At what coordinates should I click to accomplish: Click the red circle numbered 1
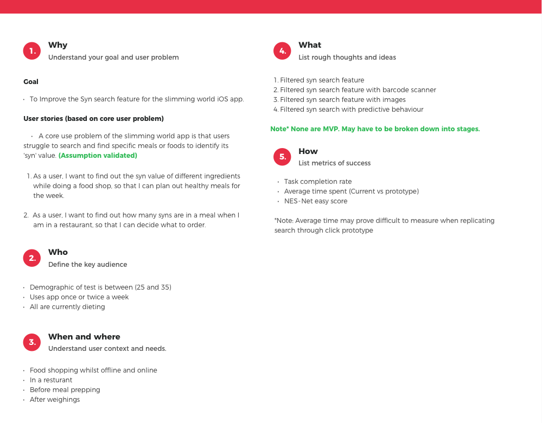point(32,51)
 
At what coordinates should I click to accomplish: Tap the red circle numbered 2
point(32,258)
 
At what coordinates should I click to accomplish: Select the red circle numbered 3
point(32,342)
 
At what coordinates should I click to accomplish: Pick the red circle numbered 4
point(282,51)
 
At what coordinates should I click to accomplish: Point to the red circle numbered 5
point(282,157)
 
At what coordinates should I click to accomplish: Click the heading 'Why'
point(58,45)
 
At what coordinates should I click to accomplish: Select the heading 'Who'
point(58,252)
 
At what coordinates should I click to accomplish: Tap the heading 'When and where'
point(84,337)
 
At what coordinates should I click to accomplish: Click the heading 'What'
point(310,45)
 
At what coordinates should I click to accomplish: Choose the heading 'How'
point(308,151)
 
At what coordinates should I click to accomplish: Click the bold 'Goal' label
point(31,82)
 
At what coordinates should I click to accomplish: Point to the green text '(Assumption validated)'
point(98,156)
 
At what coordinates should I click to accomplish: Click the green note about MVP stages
point(375,129)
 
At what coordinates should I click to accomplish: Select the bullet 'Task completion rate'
point(318,182)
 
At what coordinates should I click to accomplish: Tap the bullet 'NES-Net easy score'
point(316,201)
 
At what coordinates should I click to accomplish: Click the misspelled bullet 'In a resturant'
point(51,380)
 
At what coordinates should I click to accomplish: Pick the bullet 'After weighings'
point(55,400)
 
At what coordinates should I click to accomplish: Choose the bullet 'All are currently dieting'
point(67,307)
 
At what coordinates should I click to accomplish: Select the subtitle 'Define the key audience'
point(88,265)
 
